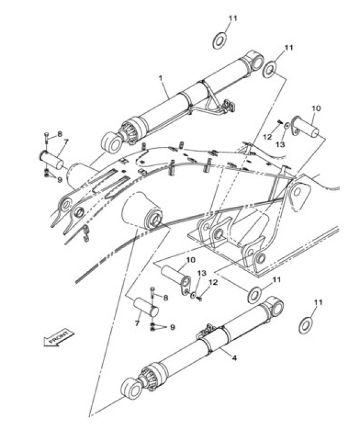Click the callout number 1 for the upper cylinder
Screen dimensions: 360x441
coord(161,78)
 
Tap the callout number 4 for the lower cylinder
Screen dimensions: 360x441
coord(234,358)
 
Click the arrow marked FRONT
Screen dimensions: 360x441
coord(59,337)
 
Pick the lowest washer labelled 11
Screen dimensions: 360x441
coord(305,326)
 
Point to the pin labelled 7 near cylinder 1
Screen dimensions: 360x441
coord(52,160)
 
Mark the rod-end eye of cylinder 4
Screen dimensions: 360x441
coord(131,388)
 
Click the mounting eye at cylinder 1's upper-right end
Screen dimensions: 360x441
coord(255,61)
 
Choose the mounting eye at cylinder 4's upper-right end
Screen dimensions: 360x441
coord(275,306)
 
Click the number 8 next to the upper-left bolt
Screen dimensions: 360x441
coord(60,134)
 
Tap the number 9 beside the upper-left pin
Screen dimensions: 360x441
coord(60,180)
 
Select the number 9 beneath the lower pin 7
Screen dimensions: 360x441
coord(172,327)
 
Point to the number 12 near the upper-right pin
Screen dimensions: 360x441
coord(268,137)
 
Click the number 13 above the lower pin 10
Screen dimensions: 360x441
coord(202,273)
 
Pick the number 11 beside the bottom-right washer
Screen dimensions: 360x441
coord(318,303)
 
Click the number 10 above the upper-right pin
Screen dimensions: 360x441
coord(316,108)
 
